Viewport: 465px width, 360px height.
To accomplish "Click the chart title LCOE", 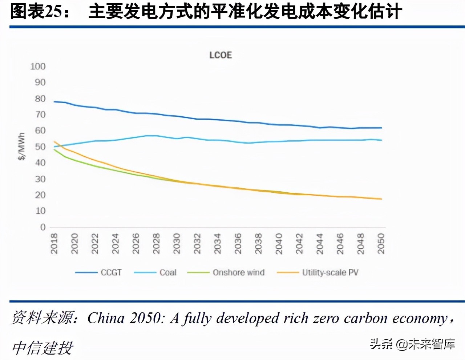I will click(221, 55).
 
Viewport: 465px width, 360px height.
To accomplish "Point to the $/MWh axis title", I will click(22, 146).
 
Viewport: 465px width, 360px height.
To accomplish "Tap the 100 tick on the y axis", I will click(38, 67).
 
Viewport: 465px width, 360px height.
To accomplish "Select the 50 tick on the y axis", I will click(40, 147).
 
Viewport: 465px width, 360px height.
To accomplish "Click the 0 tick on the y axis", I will click(43, 227).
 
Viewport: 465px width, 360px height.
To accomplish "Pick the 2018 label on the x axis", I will click(54, 243).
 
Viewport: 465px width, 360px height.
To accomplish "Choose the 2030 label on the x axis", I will click(177, 243).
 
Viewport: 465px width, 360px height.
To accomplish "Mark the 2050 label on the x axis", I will click(381, 243).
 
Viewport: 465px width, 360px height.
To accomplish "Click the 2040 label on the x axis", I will click(279, 243).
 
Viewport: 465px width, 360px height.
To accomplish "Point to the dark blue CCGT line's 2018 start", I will click(54, 101).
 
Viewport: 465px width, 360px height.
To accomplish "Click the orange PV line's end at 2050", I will click(381, 199).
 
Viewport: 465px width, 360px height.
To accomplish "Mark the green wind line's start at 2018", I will click(54, 149).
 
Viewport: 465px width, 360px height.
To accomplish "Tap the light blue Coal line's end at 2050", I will click(381, 140).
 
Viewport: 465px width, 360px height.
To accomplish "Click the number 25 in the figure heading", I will click(54, 12).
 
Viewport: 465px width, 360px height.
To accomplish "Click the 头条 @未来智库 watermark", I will click(412, 344).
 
